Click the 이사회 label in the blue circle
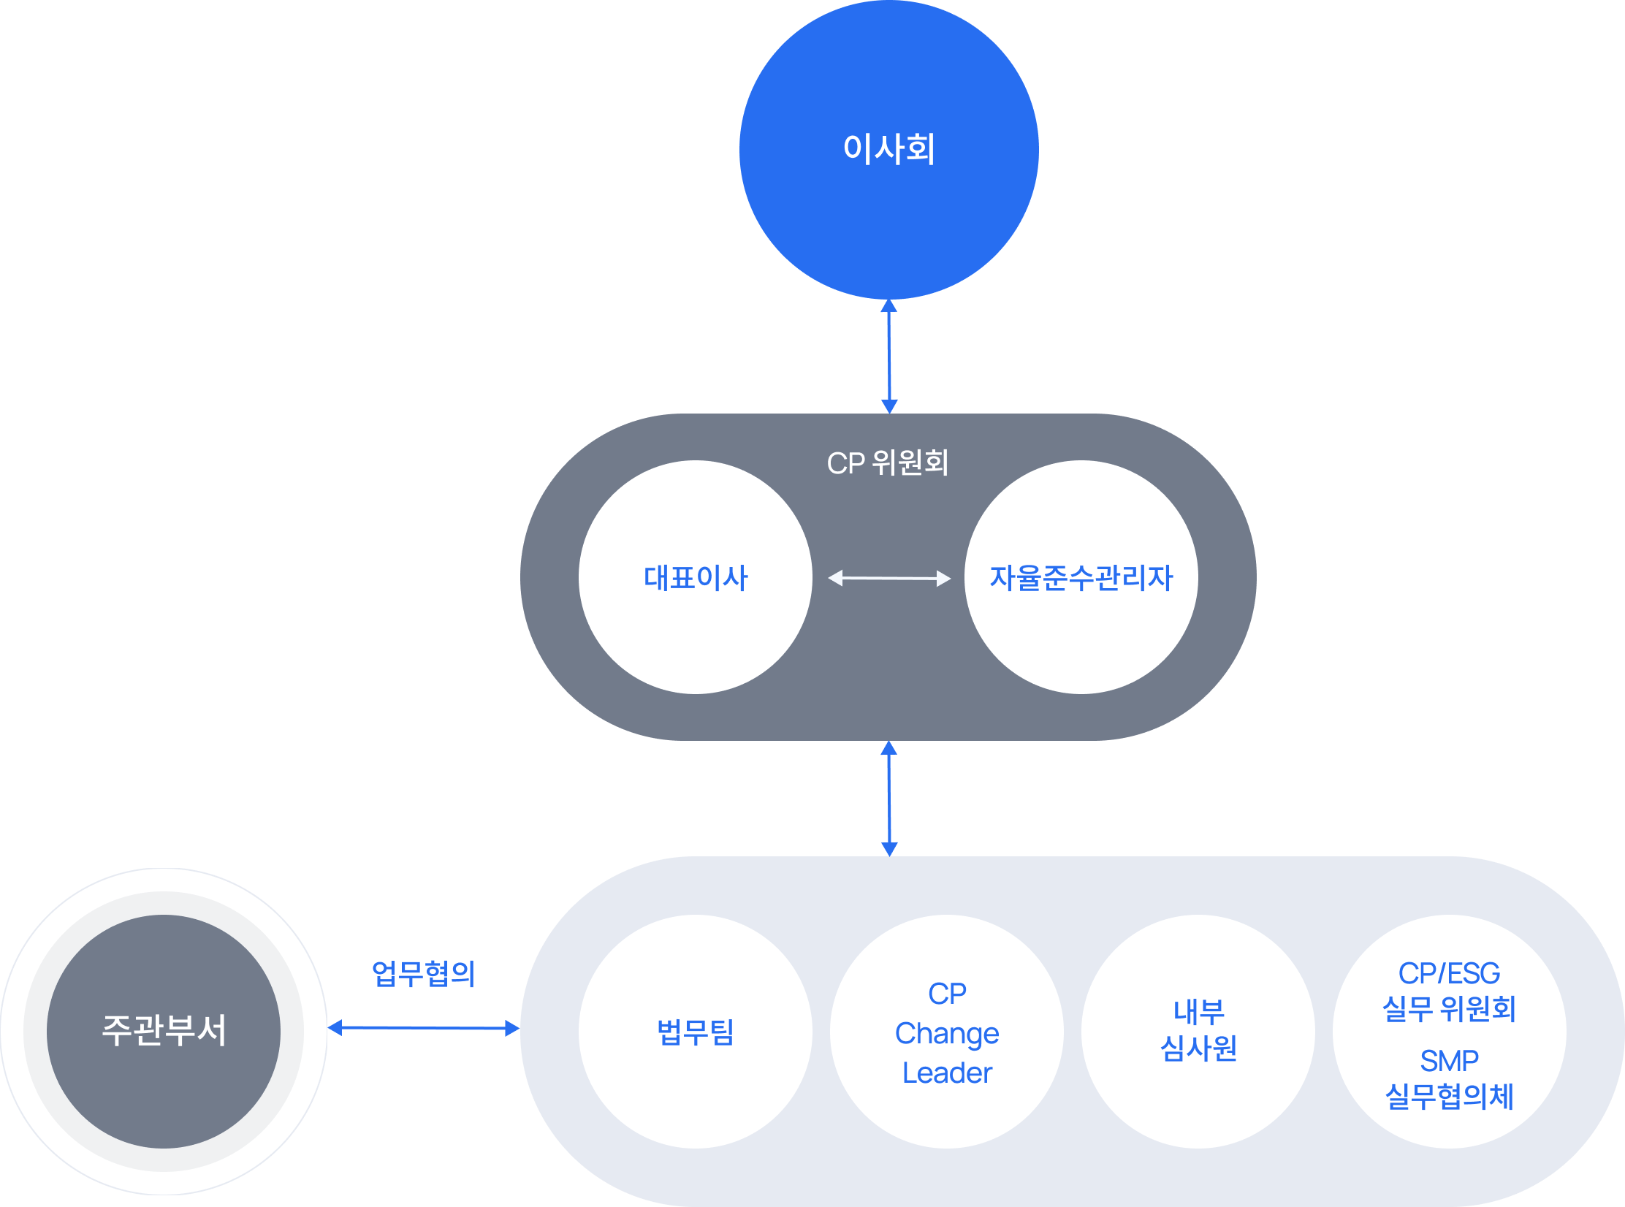click(x=888, y=148)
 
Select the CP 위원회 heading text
click(x=888, y=462)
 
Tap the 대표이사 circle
click(x=695, y=577)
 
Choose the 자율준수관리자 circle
click(x=1081, y=577)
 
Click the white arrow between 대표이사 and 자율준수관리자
click(x=889, y=578)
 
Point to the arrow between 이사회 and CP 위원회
click(x=889, y=357)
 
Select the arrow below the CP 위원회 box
click(x=889, y=798)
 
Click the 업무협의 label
click(x=423, y=973)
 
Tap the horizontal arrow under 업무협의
click(x=423, y=1028)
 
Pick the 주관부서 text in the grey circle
click(x=164, y=1030)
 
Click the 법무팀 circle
click(x=695, y=1031)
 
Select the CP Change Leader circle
click(x=946, y=1031)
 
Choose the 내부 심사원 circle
click(x=1198, y=1031)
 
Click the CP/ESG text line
click(x=1449, y=973)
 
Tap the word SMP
click(x=1449, y=1060)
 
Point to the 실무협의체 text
click(x=1449, y=1096)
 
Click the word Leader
click(x=947, y=1073)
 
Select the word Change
click(x=947, y=1033)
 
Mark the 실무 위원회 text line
click(x=1449, y=1009)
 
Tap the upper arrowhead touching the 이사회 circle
click(x=888, y=305)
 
